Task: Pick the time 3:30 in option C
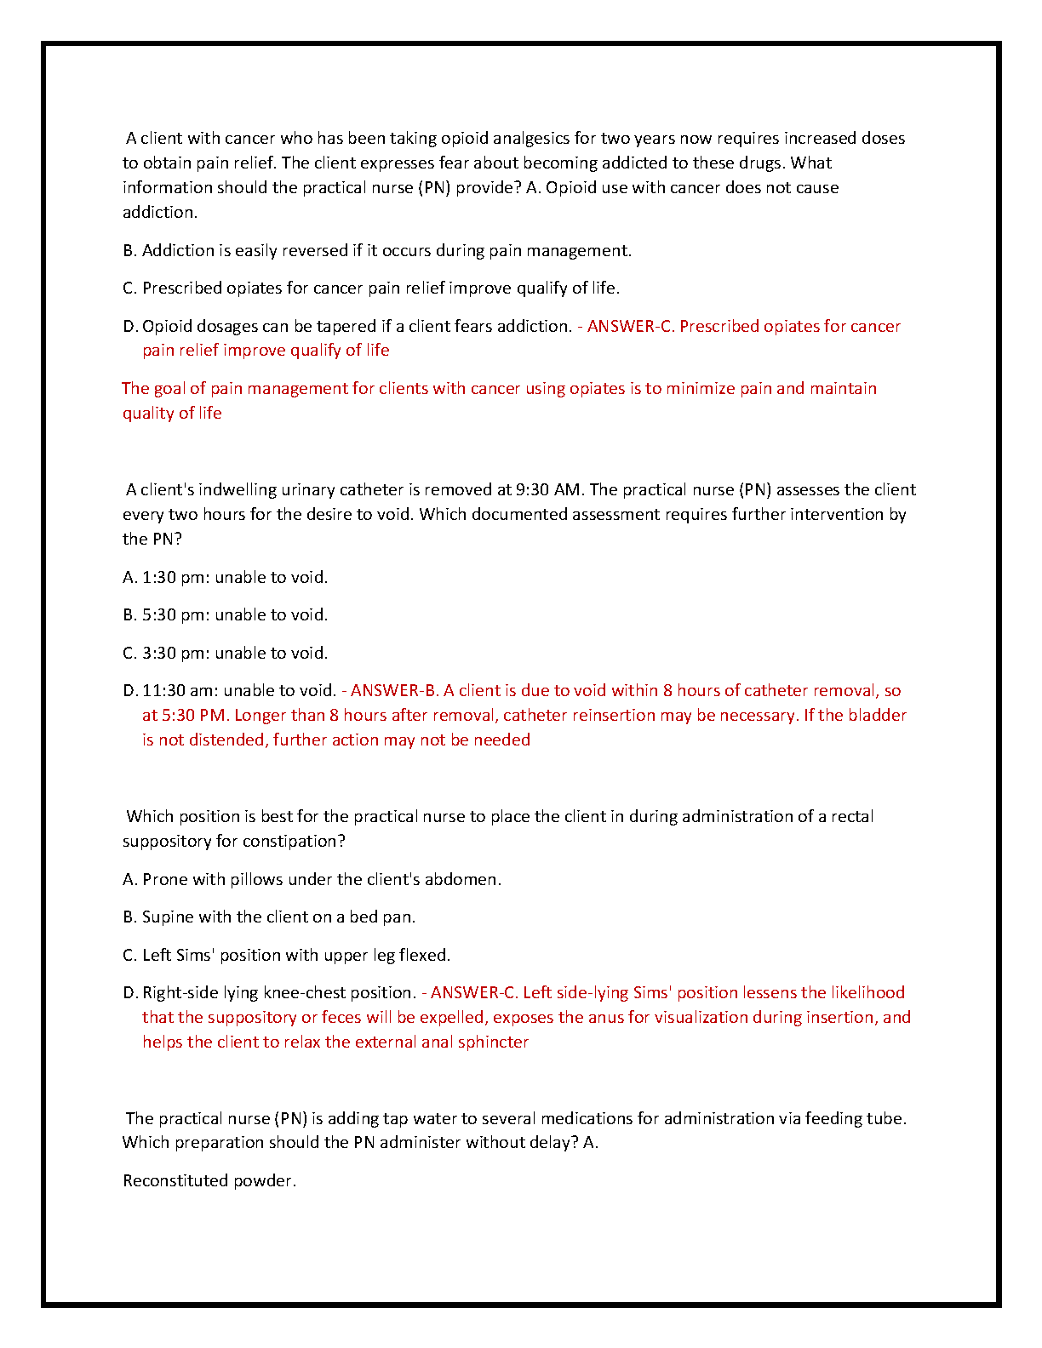point(159,654)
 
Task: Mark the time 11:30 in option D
point(164,691)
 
